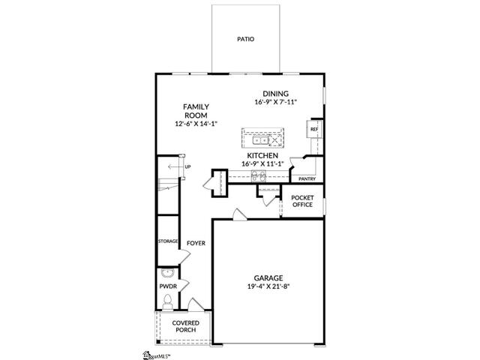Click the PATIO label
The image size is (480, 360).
click(x=245, y=39)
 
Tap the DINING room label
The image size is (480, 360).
click(x=275, y=94)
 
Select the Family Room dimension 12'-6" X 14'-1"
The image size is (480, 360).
click(x=196, y=124)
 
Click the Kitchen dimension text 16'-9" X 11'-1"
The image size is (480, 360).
click(x=262, y=163)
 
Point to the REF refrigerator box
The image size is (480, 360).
click(x=314, y=129)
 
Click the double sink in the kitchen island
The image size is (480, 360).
click(x=260, y=140)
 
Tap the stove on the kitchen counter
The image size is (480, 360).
click(x=259, y=175)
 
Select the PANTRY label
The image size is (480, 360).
click(x=307, y=178)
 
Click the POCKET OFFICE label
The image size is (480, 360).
click(x=302, y=201)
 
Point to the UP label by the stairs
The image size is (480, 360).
click(x=187, y=166)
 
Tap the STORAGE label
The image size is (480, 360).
click(x=168, y=241)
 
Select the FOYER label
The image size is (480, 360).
click(x=196, y=243)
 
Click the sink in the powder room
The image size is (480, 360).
click(x=167, y=273)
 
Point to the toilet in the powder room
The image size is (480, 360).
click(x=167, y=301)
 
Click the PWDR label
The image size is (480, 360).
click(x=168, y=286)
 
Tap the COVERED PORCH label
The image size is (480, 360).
click(x=186, y=326)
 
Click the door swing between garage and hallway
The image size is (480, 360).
click(x=239, y=214)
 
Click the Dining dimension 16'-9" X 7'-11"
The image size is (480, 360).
click(x=276, y=102)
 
